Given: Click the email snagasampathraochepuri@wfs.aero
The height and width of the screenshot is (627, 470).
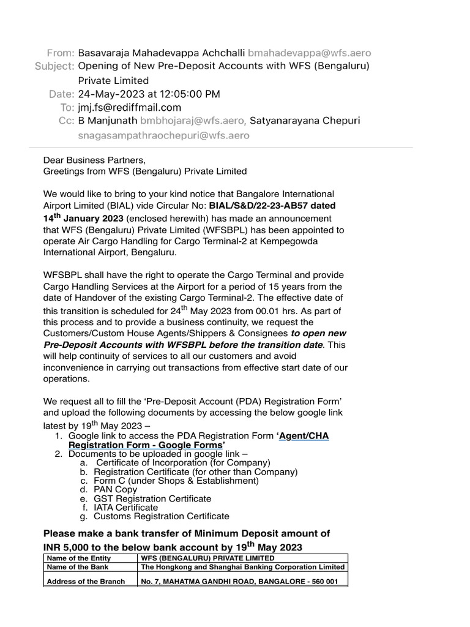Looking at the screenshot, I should click(163, 135).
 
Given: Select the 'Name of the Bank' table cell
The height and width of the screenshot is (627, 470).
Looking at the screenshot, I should click(76, 567).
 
